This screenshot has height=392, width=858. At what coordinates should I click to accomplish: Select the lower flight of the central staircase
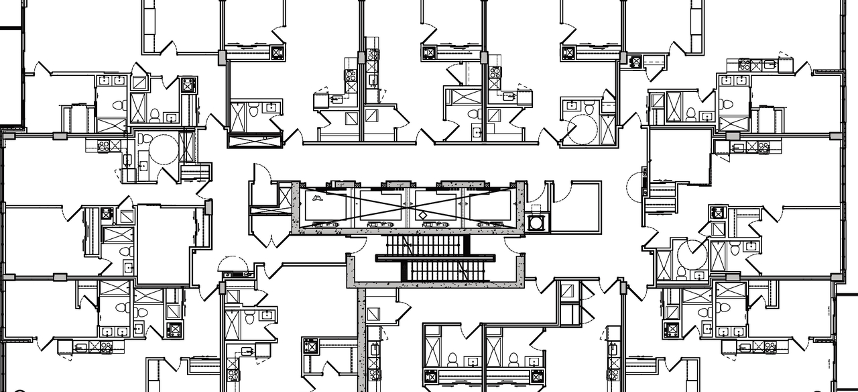pos(442,271)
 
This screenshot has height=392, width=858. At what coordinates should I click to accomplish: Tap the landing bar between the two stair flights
pos(435,258)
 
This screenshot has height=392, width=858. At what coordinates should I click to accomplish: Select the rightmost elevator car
pos(493,205)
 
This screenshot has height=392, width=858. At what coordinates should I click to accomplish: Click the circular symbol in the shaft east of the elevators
pos(537,222)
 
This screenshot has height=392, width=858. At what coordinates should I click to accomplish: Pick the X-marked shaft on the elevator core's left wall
pos(286,197)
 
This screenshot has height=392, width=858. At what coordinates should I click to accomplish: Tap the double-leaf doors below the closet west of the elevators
pos(270,237)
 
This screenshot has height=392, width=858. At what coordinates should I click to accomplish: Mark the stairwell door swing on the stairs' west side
pos(359,246)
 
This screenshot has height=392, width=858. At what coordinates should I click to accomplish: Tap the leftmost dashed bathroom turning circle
pos(163,148)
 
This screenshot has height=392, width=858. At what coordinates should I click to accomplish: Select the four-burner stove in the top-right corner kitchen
pos(745,65)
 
